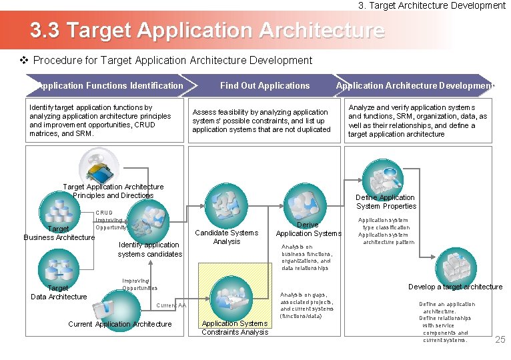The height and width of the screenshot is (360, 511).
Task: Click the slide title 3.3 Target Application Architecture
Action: [x=207, y=31]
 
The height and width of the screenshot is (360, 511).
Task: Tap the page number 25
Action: [x=500, y=340]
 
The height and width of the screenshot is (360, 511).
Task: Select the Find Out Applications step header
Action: [x=265, y=85]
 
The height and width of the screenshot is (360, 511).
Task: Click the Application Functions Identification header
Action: [x=110, y=85]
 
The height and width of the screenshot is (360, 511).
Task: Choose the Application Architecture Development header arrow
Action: [x=415, y=85]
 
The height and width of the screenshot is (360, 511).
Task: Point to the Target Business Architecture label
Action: [x=59, y=233]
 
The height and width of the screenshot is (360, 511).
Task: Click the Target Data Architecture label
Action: [x=59, y=293]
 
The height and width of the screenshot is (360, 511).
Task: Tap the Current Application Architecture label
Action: [x=120, y=324]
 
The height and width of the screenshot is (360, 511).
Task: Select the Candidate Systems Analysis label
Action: [x=226, y=237]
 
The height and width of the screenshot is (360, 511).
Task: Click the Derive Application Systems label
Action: [x=308, y=229]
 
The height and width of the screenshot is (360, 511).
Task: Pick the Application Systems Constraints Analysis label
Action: [x=235, y=327]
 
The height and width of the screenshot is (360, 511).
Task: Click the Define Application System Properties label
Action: [x=386, y=201]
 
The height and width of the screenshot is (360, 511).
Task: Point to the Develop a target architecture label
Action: [x=455, y=287]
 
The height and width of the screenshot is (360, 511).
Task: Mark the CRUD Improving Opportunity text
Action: [x=110, y=220]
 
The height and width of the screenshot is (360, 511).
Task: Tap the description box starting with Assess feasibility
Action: [x=262, y=121]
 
